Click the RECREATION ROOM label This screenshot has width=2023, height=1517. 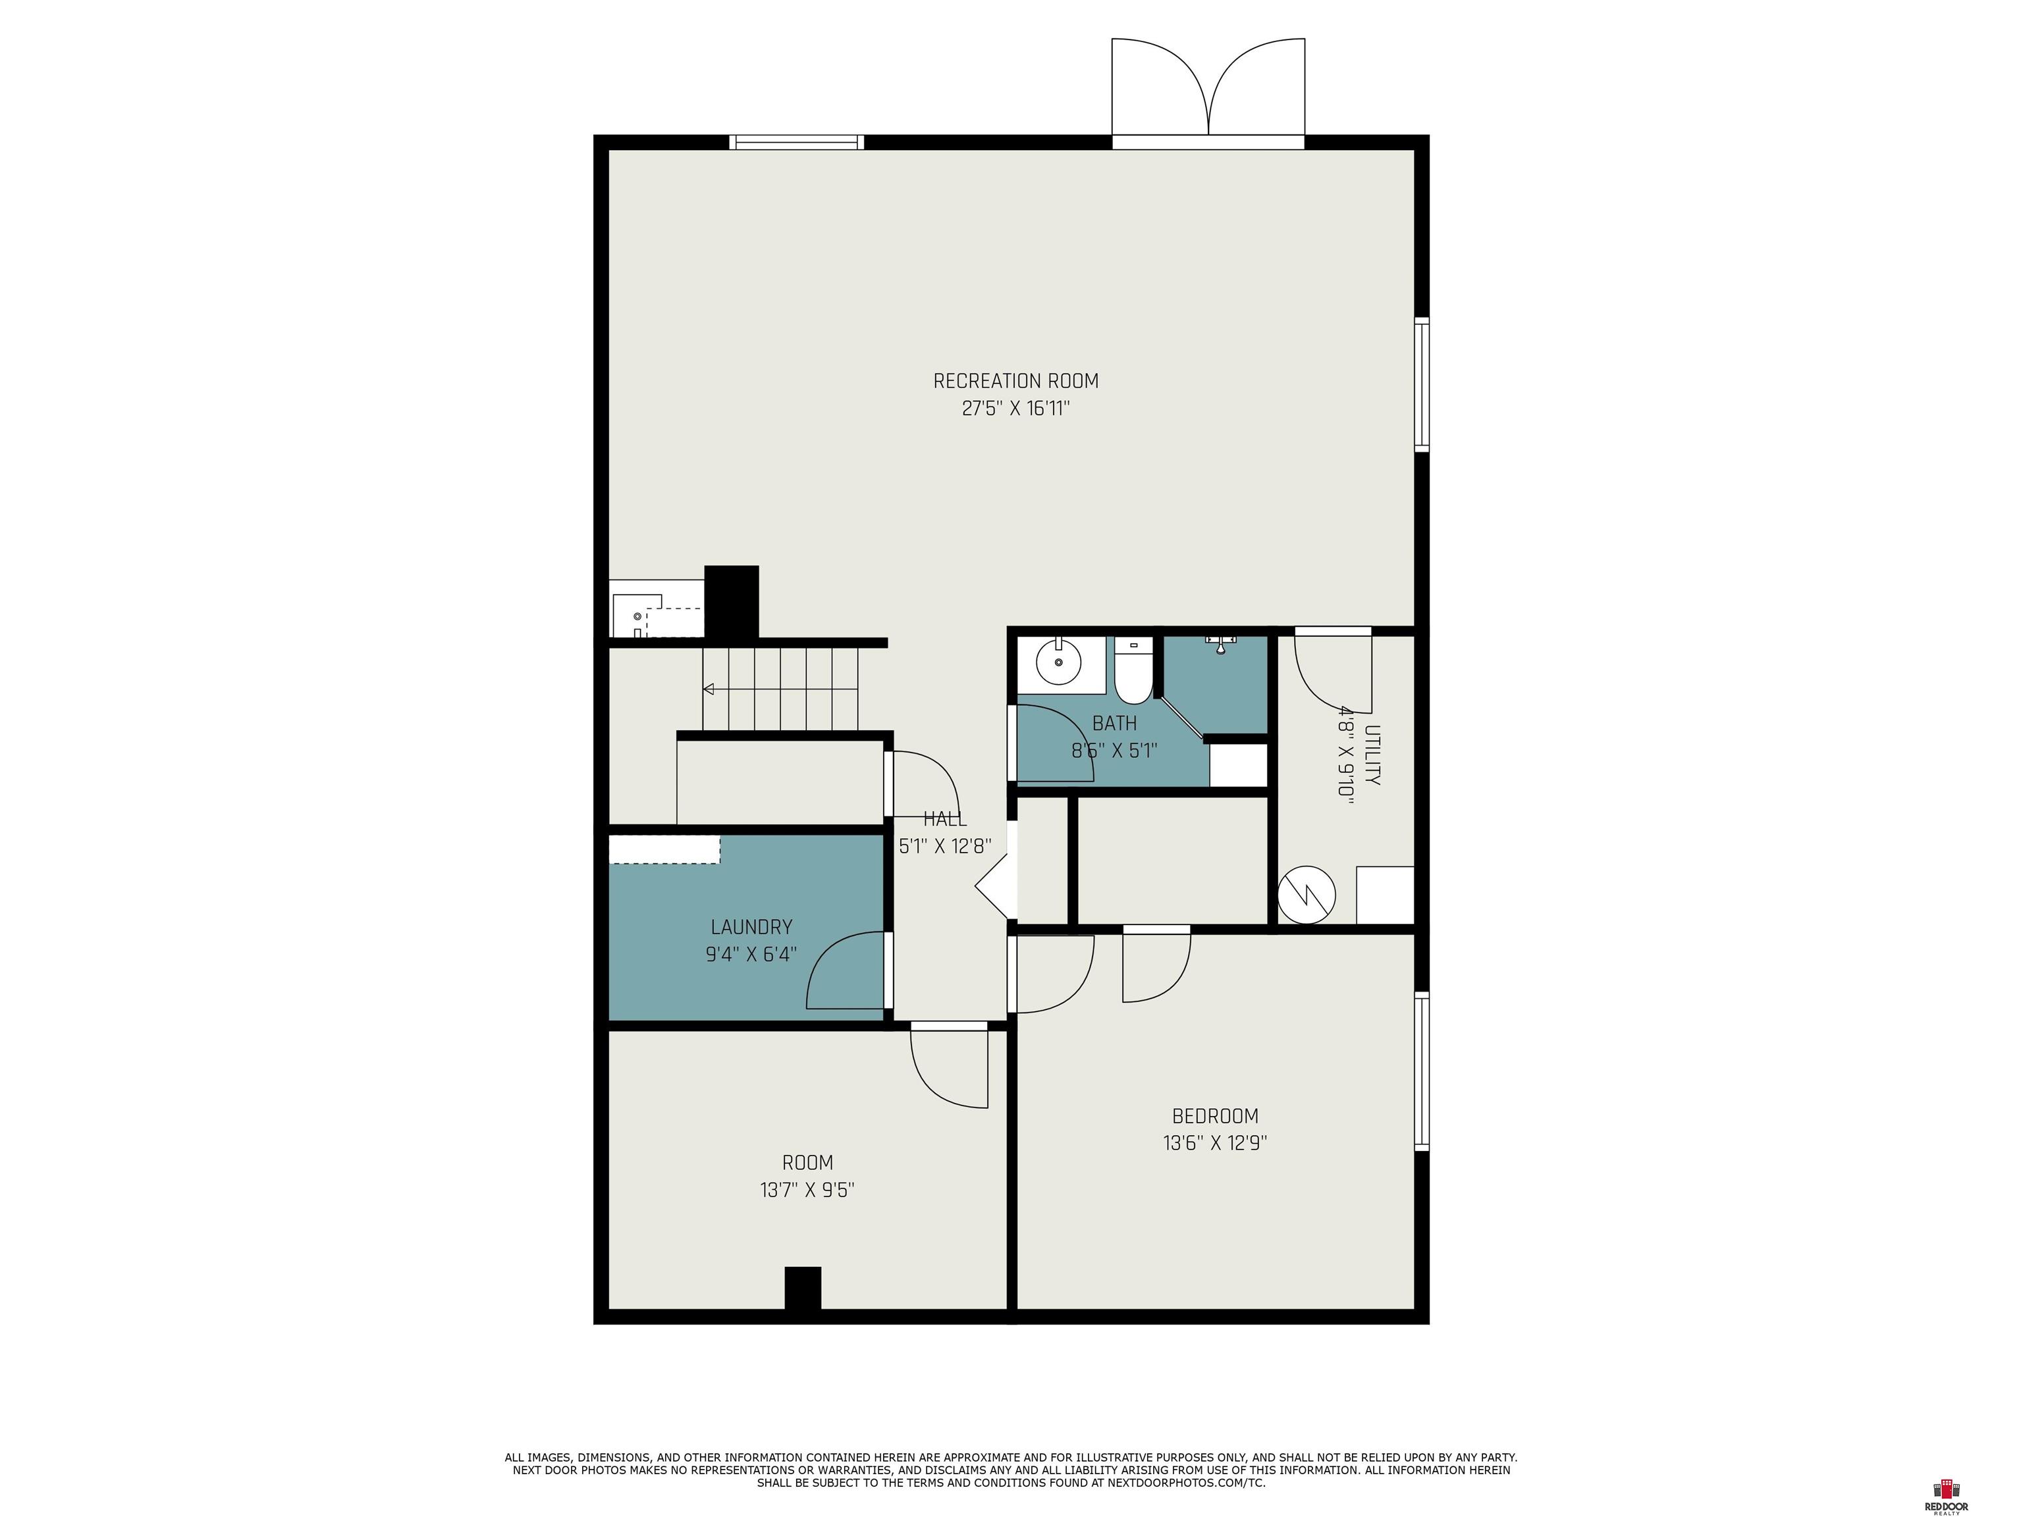click(1015, 381)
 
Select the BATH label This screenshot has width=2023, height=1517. click(1115, 724)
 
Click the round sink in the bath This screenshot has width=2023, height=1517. click(1058, 661)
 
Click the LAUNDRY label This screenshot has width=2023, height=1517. click(751, 927)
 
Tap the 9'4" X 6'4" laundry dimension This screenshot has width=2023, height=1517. click(751, 955)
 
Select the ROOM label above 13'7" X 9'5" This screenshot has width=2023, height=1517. click(807, 1163)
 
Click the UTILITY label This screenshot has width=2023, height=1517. click(1372, 755)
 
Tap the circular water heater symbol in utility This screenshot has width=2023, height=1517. click(1307, 894)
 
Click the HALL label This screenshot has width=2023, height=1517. click(945, 819)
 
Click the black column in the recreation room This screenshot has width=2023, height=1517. click(732, 602)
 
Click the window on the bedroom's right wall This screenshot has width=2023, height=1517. click(1422, 1071)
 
